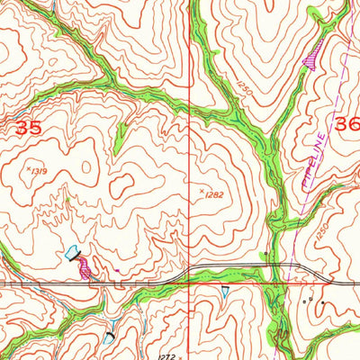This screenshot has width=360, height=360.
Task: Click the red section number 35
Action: (27, 128)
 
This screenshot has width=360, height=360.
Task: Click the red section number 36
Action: (346, 124)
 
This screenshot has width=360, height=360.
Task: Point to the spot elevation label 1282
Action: (212, 193)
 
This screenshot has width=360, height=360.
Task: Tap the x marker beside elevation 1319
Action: (28, 166)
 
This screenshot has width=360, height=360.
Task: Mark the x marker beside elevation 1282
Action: (201, 190)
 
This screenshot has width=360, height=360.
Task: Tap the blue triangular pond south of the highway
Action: (224, 291)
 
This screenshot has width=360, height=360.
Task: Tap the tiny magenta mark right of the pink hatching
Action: (118, 271)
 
